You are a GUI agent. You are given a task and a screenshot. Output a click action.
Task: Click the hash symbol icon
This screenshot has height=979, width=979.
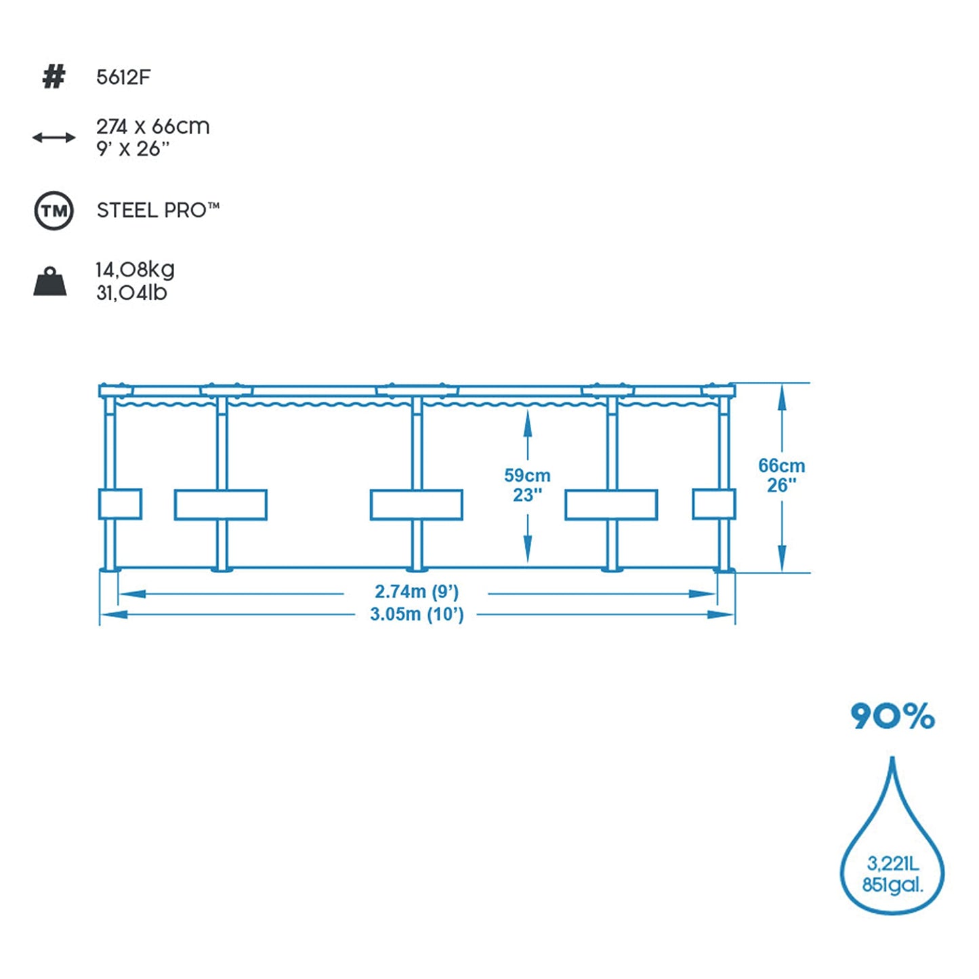pyautogui.click(x=54, y=77)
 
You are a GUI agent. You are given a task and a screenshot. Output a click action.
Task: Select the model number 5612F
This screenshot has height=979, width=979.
pyautogui.click(x=123, y=77)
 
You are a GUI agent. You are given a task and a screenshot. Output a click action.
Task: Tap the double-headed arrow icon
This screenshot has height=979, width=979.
pyautogui.click(x=54, y=138)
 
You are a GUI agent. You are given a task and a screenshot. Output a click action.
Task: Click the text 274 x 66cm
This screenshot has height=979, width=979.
pyautogui.click(x=152, y=126)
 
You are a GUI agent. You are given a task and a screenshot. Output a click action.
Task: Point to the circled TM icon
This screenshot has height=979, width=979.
pyautogui.click(x=54, y=211)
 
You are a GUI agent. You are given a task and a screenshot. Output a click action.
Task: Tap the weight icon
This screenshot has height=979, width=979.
pyautogui.click(x=50, y=282)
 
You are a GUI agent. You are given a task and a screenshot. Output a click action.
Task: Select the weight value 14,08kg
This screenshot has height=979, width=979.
pyautogui.click(x=135, y=270)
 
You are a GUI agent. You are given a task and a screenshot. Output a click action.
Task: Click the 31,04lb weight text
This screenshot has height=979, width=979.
pyautogui.click(x=131, y=293)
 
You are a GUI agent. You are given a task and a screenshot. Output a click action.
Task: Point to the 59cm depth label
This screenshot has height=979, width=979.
pyautogui.click(x=527, y=476)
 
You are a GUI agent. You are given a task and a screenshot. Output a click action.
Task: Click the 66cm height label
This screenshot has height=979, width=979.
pyautogui.click(x=781, y=466)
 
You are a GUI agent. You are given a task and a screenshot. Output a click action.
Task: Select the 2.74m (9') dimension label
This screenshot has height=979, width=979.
pyautogui.click(x=417, y=591)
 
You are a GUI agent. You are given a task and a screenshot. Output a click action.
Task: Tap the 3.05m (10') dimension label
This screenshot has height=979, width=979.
pyautogui.click(x=417, y=615)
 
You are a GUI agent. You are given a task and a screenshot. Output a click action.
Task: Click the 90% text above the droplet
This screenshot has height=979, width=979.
pyautogui.click(x=892, y=716)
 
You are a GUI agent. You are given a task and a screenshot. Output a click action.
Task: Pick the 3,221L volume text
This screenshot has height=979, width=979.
pyautogui.click(x=892, y=864)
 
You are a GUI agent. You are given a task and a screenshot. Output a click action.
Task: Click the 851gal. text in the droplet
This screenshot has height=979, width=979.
pyautogui.click(x=892, y=885)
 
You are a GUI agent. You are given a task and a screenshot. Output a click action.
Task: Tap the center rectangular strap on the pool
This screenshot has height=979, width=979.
pyautogui.click(x=416, y=505)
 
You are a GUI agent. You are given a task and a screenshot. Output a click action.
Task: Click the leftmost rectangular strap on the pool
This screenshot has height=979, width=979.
pyautogui.click(x=120, y=504)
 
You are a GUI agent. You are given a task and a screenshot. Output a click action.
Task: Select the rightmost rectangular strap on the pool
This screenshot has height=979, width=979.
pyautogui.click(x=713, y=504)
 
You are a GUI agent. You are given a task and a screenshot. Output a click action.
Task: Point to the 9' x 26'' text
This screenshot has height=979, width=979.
pyautogui.click(x=133, y=149)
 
